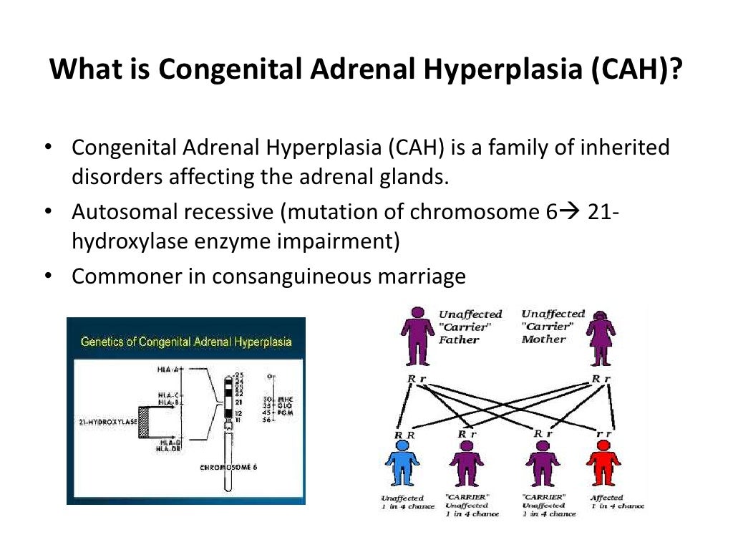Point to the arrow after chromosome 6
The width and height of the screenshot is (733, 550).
569,213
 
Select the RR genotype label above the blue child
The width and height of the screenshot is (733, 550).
404,434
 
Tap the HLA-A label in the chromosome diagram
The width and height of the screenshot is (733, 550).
170,370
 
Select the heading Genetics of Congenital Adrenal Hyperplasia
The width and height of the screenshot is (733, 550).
186,342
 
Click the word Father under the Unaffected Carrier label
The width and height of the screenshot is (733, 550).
459,339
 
